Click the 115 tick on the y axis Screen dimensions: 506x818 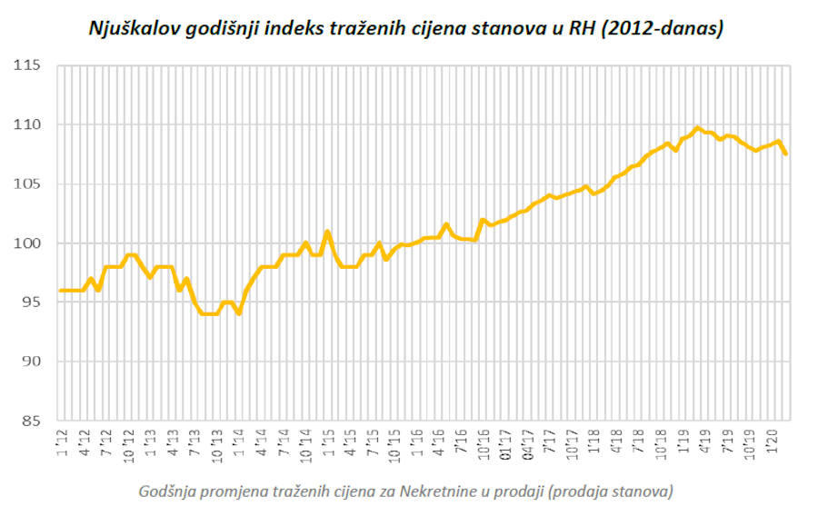tap(26, 65)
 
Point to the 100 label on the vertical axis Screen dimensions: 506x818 tap(26, 243)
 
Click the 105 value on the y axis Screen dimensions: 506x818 tap(26, 184)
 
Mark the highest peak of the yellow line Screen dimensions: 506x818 tap(697, 128)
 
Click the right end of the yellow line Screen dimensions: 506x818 tap(785, 154)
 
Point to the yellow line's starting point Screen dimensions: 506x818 tap(61, 291)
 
